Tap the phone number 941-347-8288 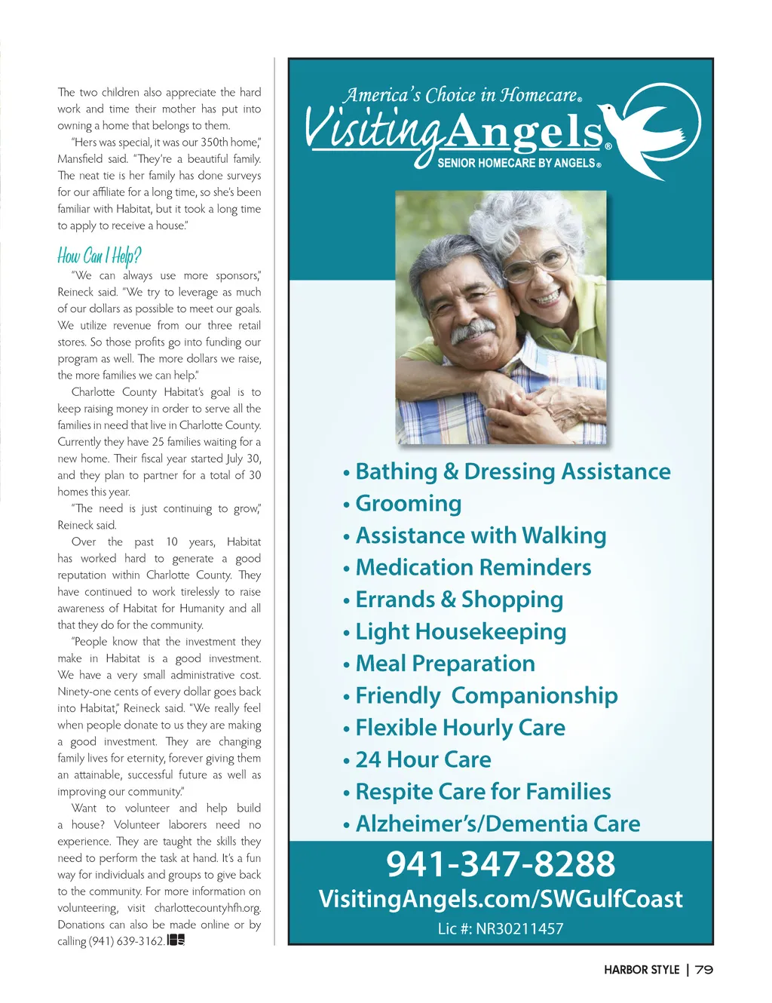tap(501, 864)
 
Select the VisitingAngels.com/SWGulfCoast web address tap(501, 899)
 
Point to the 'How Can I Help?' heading tap(100, 256)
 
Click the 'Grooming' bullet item tap(408, 504)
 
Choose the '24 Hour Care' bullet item tap(423, 759)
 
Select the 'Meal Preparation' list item tap(445, 664)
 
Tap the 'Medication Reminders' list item tap(473, 568)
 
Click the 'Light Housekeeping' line tap(461, 632)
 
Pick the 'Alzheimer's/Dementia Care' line tap(498, 824)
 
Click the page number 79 tap(704, 970)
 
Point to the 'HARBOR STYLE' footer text tap(642, 970)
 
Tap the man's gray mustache tap(473, 330)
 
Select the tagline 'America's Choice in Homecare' tap(461, 96)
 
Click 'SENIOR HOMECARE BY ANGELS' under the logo tap(518, 163)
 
